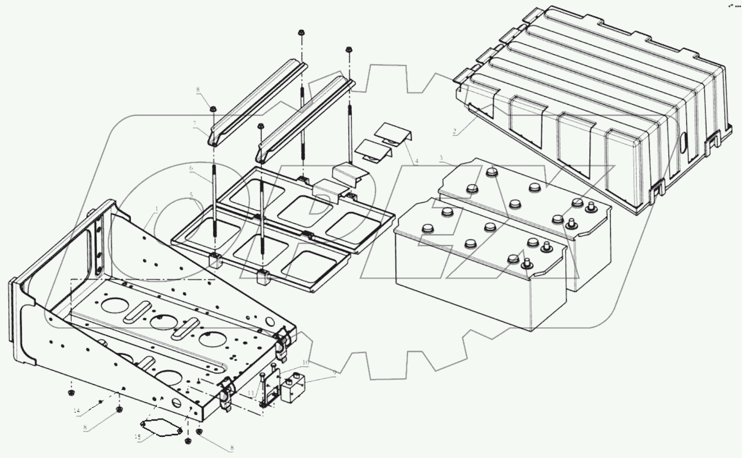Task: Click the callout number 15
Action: coord(138,437)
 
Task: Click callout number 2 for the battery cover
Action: coord(454,131)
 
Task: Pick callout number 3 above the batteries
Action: coord(442,158)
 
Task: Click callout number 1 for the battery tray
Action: coord(157,209)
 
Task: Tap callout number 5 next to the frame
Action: coord(191,195)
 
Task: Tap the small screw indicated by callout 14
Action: coord(102,401)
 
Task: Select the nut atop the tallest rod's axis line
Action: coord(300,34)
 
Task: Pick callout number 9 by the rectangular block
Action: coord(335,373)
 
